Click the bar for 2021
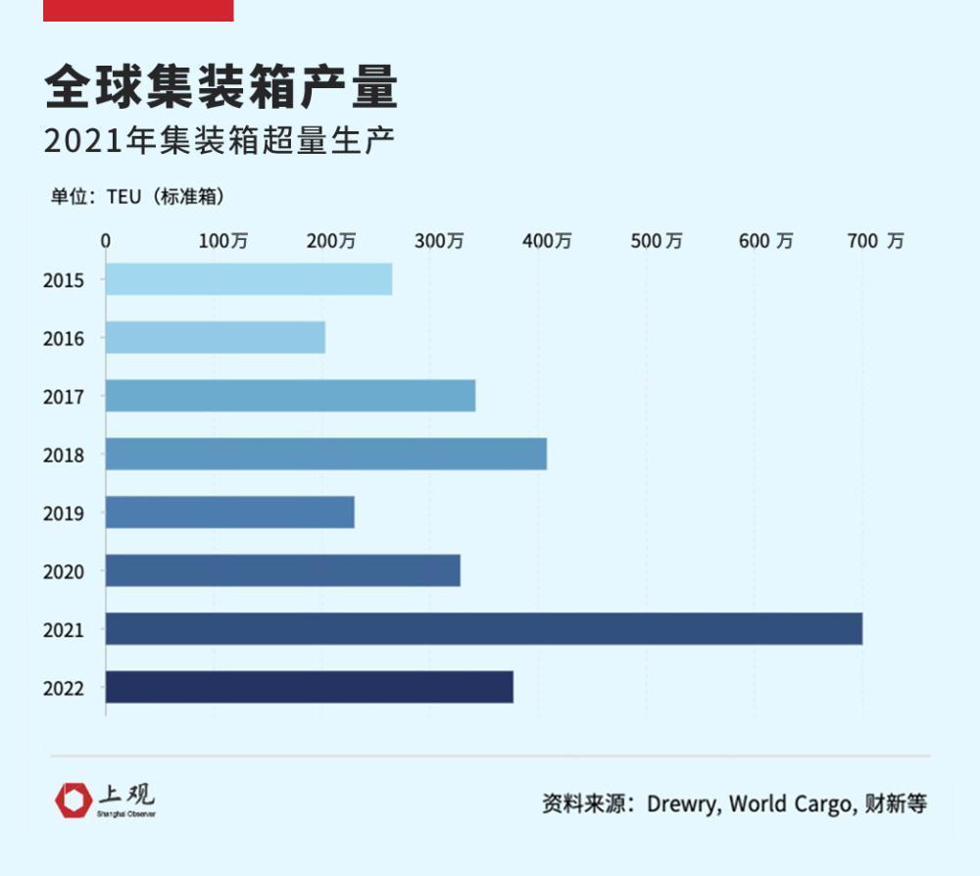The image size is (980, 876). (x=484, y=629)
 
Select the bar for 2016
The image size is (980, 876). (x=216, y=338)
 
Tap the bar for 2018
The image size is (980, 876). (x=326, y=455)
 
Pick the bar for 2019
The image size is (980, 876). (x=230, y=512)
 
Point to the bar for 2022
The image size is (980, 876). (x=310, y=687)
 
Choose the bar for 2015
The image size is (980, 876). (x=249, y=279)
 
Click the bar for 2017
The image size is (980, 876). (x=291, y=396)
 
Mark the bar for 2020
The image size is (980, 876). (x=283, y=571)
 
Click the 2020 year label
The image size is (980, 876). (x=64, y=571)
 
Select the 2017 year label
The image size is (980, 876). (x=64, y=397)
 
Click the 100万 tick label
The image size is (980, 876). (x=223, y=241)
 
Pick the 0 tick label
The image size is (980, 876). (x=106, y=241)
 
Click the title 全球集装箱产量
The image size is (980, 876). (x=221, y=88)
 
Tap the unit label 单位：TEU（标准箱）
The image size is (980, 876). (x=138, y=196)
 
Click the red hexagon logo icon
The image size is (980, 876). (x=73, y=800)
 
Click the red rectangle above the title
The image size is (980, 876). (x=138, y=10)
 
